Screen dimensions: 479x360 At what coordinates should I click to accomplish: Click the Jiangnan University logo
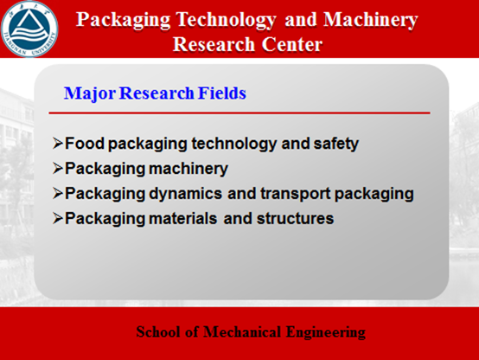[29, 29]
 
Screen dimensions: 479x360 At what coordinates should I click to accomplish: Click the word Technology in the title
[226, 21]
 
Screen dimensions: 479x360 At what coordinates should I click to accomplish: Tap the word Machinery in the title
[371, 21]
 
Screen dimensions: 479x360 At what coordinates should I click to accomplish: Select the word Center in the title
[291, 44]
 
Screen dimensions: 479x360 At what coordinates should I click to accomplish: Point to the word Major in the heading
[90, 93]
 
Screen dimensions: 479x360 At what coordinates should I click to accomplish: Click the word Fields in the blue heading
[222, 93]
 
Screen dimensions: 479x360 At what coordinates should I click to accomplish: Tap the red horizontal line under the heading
[239, 112]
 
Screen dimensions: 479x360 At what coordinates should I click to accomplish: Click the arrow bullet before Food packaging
[58, 143]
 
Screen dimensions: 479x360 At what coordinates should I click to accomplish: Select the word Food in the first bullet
[85, 143]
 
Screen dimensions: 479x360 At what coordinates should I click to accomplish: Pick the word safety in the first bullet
[335, 144]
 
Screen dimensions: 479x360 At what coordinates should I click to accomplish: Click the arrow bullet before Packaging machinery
[58, 168]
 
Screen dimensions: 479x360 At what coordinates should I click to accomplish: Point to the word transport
[296, 194]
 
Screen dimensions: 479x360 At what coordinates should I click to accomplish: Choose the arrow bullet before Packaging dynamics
[58, 193]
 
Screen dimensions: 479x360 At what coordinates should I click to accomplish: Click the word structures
[295, 219]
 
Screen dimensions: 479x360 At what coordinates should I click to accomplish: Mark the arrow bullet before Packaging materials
[58, 218]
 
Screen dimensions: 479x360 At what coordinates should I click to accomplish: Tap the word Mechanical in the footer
[242, 331]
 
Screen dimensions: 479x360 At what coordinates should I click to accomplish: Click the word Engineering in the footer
[326, 332]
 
